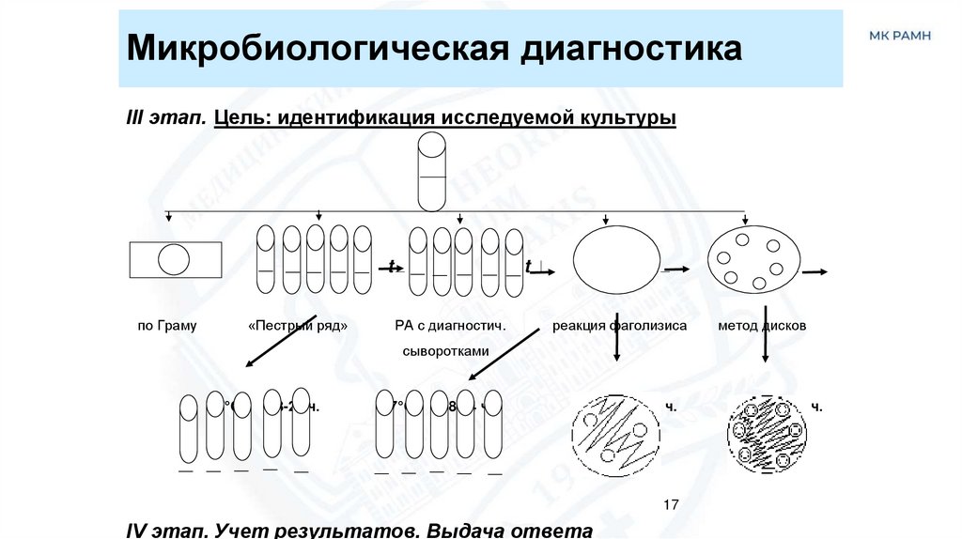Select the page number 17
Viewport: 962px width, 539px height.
(x=670, y=505)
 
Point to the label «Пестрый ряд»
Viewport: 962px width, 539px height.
(x=298, y=326)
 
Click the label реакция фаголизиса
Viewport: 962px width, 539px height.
(x=619, y=326)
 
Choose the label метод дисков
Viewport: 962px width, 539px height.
(x=762, y=326)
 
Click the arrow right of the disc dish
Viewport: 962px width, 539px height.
(x=815, y=271)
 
